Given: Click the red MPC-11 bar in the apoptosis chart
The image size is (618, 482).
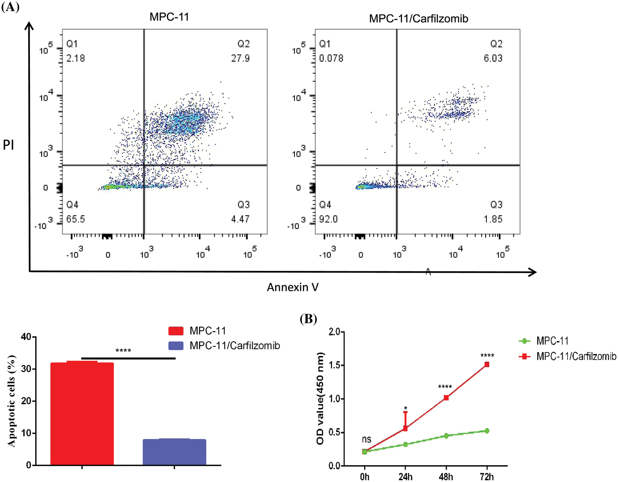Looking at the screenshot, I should pos(82,413).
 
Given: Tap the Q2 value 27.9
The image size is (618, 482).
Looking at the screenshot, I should pos(240,58).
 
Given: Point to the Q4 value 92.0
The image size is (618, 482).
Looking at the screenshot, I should pos(328,219).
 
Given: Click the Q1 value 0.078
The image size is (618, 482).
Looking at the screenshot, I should pos(331,58).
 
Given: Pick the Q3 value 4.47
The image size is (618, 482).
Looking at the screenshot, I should pos(240,219).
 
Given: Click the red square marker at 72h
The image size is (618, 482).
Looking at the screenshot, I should pos(487,365).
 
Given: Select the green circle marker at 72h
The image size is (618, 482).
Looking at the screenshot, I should pos(487,431).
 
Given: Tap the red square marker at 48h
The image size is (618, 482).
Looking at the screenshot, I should pos(446,398).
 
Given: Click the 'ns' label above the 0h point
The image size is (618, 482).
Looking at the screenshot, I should pos(367,439).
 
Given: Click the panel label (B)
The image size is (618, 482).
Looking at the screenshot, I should pos(308,319).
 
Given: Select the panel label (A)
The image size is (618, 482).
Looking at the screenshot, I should pos(10,7).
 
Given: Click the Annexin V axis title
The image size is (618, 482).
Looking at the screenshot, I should pos(293,287).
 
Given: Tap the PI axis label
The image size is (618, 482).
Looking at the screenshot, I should pos(8,145).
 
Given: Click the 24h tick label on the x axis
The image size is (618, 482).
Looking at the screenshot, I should pos(406,477).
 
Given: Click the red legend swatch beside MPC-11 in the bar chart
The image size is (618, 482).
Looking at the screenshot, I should pos(176,331).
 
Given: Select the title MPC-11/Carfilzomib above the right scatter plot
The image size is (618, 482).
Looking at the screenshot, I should pos(419,19).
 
